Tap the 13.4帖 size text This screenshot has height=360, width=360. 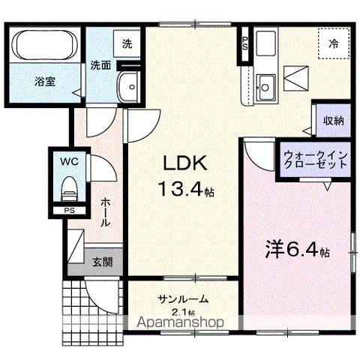coord(184,190)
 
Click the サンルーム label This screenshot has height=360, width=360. coord(182,299)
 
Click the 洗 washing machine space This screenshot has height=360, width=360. coord(127,43)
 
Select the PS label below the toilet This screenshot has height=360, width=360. coord(69,211)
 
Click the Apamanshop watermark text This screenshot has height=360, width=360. coord(182,324)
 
